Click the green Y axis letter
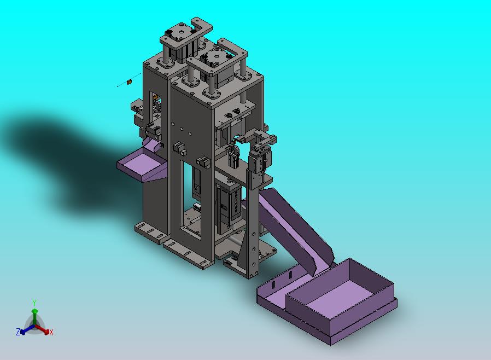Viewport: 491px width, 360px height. click(x=34, y=303)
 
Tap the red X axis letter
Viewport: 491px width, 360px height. click(x=51, y=333)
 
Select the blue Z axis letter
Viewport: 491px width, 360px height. click(x=18, y=332)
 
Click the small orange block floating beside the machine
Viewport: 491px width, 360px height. click(x=128, y=82)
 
